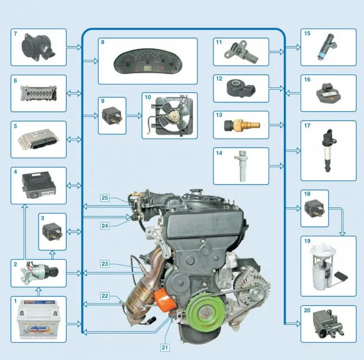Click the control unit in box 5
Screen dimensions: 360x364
37,139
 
